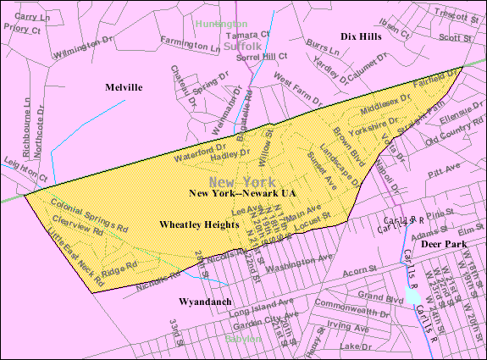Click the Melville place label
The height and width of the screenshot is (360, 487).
(x=124, y=87)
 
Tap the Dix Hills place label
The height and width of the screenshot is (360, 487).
(x=361, y=37)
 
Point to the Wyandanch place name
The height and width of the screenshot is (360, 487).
(x=204, y=302)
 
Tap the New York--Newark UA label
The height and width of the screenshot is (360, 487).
(x=242, y=194)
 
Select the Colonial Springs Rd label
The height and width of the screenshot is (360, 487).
(x=88, y=216)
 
